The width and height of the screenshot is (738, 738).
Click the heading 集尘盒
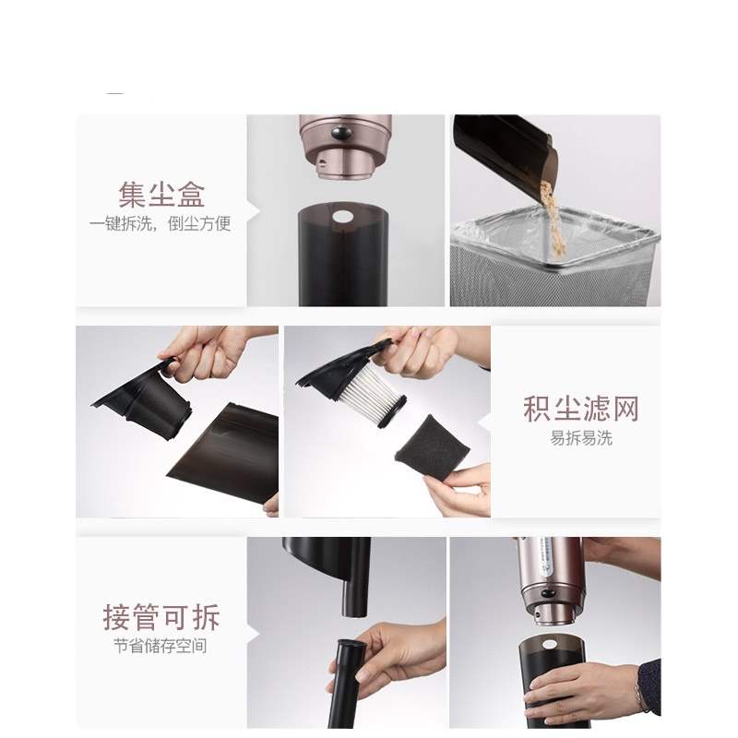161,195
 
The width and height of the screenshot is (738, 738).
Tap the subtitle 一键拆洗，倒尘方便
161,224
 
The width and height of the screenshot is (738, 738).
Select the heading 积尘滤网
580,409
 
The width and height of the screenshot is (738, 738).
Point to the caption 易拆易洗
580,437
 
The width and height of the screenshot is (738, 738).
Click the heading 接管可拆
161,616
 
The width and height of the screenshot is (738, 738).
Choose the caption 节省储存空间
161,646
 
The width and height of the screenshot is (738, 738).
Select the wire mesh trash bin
553,268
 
